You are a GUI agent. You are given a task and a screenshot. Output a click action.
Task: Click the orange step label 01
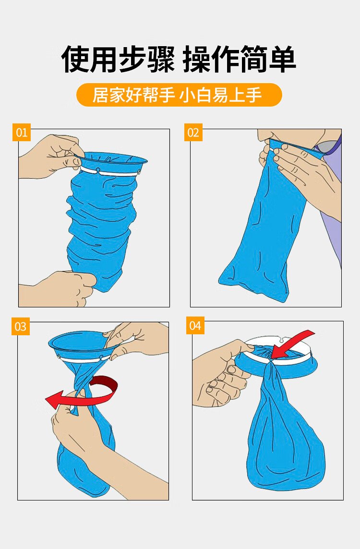pyautogui.click(x=21, y=133)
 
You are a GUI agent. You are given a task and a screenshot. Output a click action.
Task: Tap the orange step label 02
pyautogui.click(x=193, y=133)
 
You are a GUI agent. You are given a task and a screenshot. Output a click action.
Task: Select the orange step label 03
pyautogui.click(x=20, y=326)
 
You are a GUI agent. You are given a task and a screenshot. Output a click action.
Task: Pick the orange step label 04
pyautogui.click(x=195, y=326)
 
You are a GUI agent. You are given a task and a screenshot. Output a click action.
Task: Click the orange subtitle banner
pyautogui.click(x=179, y=95)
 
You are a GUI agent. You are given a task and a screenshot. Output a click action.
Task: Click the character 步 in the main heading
pyautogui.click(x=133, y=59)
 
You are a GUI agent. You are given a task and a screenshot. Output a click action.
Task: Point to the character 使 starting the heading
pyautogui.click(x=75, y=59)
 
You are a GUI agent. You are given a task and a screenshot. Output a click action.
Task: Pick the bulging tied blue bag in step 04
pyautogui.click(x=285, y=434)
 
